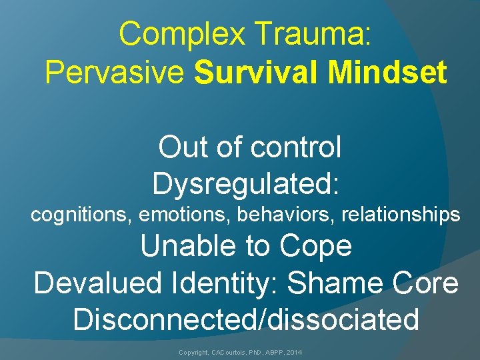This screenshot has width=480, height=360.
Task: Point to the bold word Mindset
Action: click(x=389, y=73)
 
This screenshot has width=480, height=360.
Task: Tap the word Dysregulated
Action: click(x=246, y=183)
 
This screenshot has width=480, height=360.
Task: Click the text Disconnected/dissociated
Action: click(x=246, y=319)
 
